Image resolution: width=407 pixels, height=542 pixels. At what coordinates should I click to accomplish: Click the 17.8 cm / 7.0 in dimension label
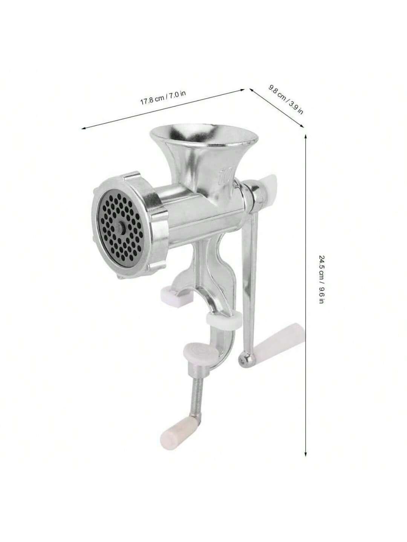(163, 98)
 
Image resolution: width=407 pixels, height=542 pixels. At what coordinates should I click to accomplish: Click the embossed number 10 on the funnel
(226, 177)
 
